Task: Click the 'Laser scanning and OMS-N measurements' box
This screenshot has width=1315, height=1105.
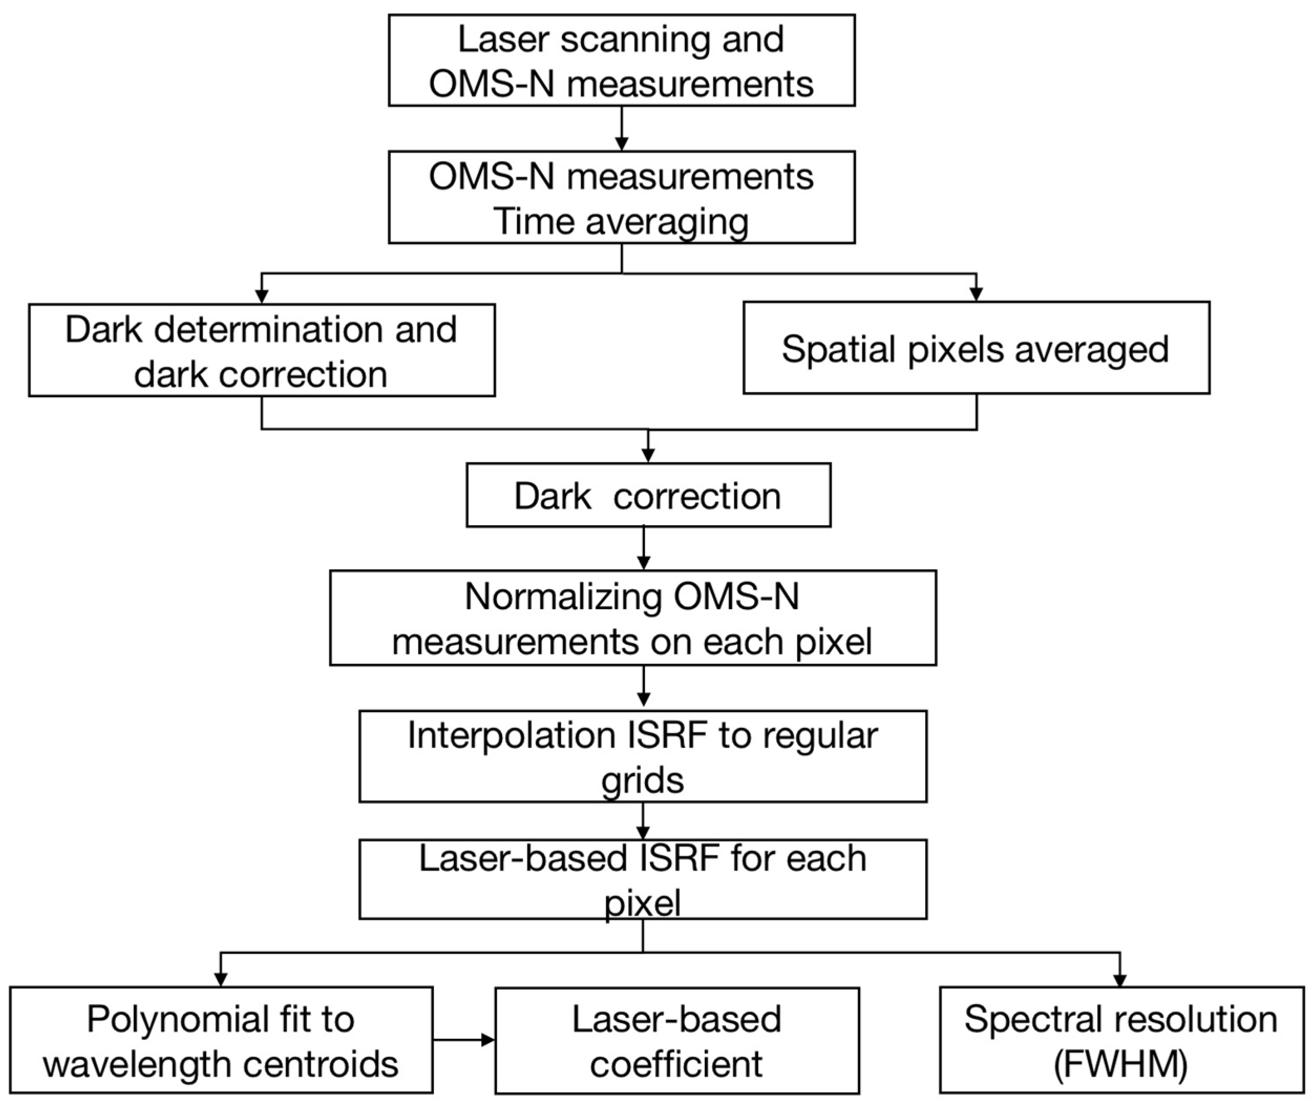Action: [x=621, y=61]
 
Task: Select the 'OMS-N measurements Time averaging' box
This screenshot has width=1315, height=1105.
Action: [x=621, y=197]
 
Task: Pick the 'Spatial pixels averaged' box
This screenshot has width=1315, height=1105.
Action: [x=975, y=348]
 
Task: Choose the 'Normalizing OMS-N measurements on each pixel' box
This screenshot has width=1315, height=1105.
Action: [x=632, y=618]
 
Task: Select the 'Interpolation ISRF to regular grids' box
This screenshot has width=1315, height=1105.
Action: [x=642, y=757]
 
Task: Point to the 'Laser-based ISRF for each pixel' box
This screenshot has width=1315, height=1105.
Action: [x=642, y=879]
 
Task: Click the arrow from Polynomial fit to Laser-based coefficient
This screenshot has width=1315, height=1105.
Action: [x=463, y=1040]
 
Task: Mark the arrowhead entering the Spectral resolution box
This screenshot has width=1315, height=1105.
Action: [x=1120, y=981]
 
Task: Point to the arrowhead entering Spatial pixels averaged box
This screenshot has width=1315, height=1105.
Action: [x=975, y=294]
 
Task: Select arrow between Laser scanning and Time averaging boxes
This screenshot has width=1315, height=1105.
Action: [x=621, y=129]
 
